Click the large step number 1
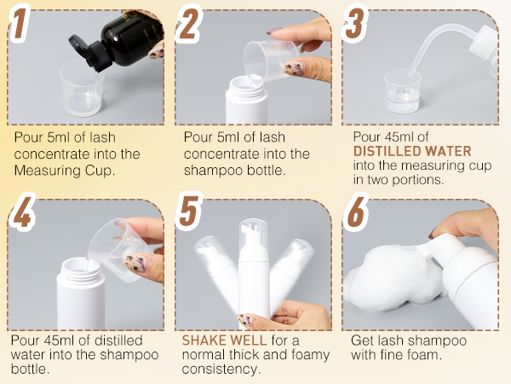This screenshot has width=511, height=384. click(x=20, y=23)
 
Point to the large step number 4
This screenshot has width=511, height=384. click(x=22, y=212)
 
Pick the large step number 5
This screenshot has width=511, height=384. click(x=189, y=212)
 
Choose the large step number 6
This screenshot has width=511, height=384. click(x=356, y=212)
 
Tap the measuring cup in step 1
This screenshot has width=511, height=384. click(x=82, y=88)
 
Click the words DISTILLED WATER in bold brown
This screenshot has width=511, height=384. click(x=412, y=151)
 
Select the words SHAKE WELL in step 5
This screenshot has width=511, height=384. click(x=224, y=340)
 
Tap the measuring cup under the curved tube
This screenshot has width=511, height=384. click(x=403, y=91)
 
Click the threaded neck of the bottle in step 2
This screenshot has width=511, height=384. click(x=245, y=85)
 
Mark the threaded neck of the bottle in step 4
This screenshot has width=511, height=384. click(x=81, y=268)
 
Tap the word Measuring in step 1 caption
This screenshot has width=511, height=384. click(x=48, y=171)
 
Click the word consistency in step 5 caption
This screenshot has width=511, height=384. click(x=221, y=369)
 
